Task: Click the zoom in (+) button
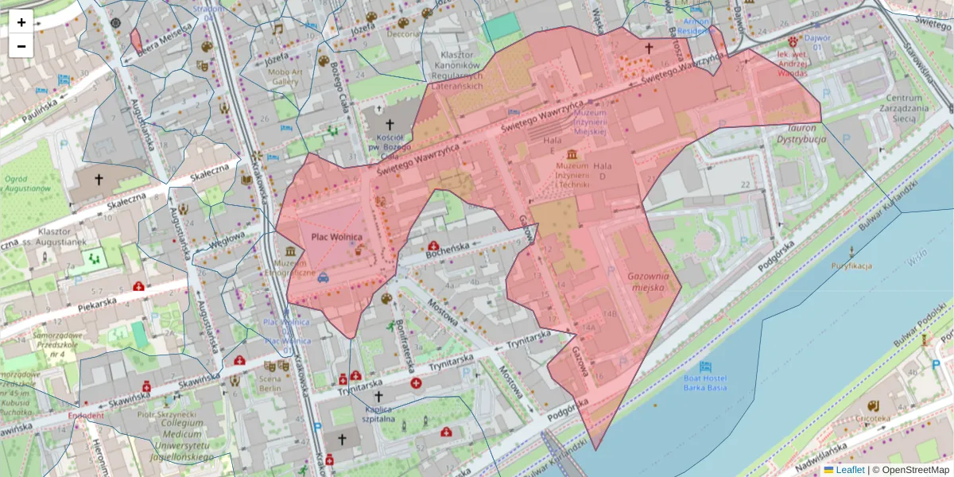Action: pyautogui.click(x=21, y=22)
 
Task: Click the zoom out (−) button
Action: pyautogui.click(x=21, y=45)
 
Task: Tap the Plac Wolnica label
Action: pyautogui.click(x=336, y=237)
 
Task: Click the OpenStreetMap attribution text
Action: pyautogui.click(x=911, y=470)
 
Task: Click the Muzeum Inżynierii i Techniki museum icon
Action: pyautogui.click(x=572, y=154)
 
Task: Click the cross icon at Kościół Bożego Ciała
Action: pyautogui.click(x=390, y=125)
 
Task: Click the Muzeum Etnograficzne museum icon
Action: pyautogui.click(x=289, y=251)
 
